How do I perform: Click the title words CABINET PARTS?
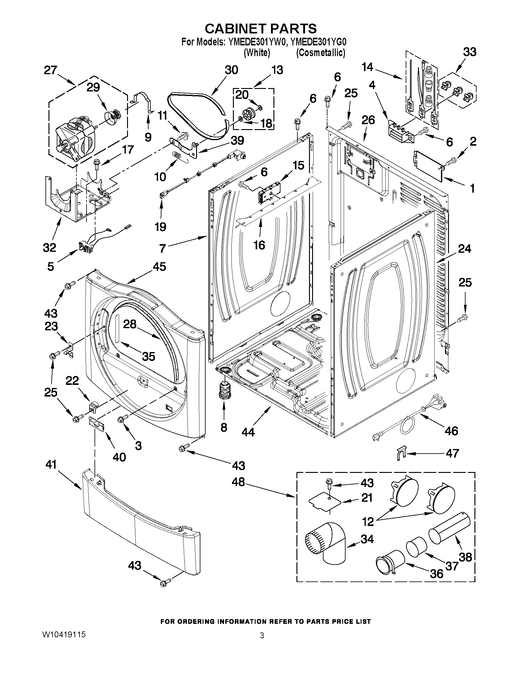click(x=261, y=29)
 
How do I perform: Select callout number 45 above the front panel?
click(x=159, y=267)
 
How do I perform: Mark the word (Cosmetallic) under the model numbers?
click(x=321, y=53)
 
